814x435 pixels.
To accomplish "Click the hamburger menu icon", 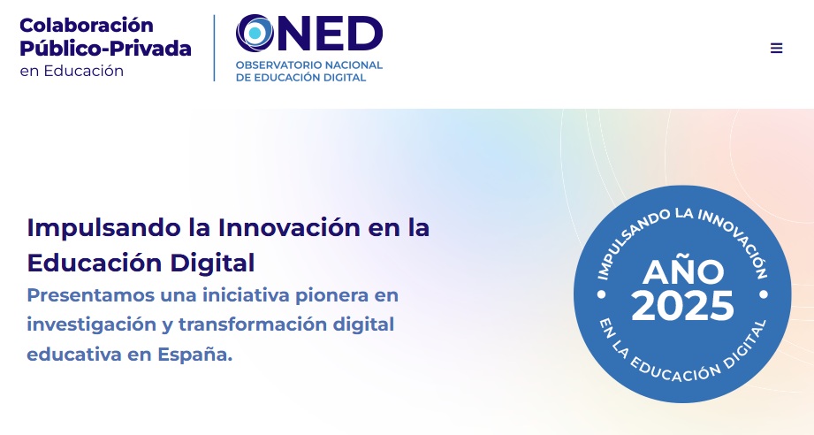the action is pyautogui.click(x=776, y=49).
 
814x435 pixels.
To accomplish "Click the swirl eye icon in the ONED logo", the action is pyautogui.click(x=255, y=34).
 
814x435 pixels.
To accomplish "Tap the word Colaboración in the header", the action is pyautogui.click(x=87, y=25).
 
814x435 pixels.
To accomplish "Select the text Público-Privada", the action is pyautogui.click(x=105, y=49).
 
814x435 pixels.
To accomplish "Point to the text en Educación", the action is pyautogui.click(x=72, y=71).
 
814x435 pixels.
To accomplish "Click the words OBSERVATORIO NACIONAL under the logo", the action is pyautogui.click(x=308, y=65).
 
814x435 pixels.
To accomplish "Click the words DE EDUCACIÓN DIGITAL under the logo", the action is pyautogui.click(x=301, y=77).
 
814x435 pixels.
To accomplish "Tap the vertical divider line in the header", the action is pyautogui.click(x=215, y=48).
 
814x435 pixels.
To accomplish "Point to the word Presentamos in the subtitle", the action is pyautogui.click(x=91, y=295).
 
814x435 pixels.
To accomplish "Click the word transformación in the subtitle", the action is pyautogui.click(x=252, y=324).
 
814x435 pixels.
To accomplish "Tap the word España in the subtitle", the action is pyautogui.click(x=194, y=354).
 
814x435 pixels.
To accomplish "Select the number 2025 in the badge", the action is pyautogui.click(x=682, y=305).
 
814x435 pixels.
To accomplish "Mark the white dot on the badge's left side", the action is pyautogui.click(x=602, y=294).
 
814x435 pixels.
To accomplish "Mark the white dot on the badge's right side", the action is pyautogui.click(x=764, y=294).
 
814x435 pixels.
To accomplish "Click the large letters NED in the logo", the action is pyautogui.click(x=331, y=34).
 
